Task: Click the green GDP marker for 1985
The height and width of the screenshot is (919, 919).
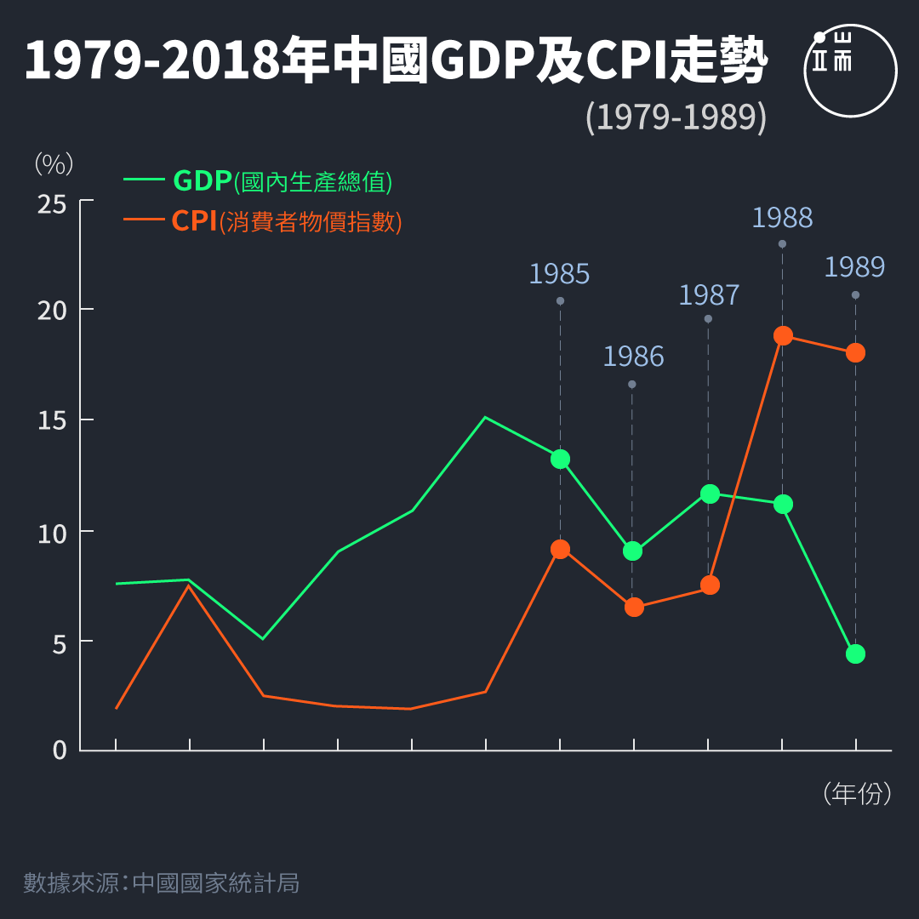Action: pyautogui.click(x=560, y=459)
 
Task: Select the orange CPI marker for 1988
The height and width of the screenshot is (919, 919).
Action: pyautogui.click(x=783, y=335)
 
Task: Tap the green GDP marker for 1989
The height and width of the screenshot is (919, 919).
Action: pyautogui.click(x=855, y=654)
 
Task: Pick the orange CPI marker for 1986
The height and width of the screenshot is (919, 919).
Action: pyautogui.click(x=634, y=607)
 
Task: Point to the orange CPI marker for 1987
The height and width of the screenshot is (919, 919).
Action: pyautogui.click(x=709, y=585)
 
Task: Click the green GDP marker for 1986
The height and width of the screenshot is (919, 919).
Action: pyautogui.click(x=632, y=551)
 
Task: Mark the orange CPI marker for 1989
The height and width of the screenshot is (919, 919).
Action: pyautogui.click(x=855, y=352)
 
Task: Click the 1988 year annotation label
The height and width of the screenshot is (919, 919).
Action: pyautogui.click(x=782, y=218)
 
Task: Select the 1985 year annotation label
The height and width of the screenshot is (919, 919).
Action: pyautogui.click(x=559, y=274)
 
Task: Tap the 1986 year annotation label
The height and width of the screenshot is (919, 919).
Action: pyautogui.click(x=633, y=357)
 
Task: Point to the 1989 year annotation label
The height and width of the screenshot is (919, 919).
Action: pyautogui.click(x=854, y=267)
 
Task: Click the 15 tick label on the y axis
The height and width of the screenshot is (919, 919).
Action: pyautogui.click(x=53, y=420)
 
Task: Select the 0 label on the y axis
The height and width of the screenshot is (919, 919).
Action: pyautogui.click(x=60, y=750)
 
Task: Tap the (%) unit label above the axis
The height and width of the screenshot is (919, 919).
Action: pyautogui.click(x=54, y=164)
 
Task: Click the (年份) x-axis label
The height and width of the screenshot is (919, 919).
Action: pyautogui.click(x=858, y=793)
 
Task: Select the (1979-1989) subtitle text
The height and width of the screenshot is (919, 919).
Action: pyautogui.click(x=676, y=117)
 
